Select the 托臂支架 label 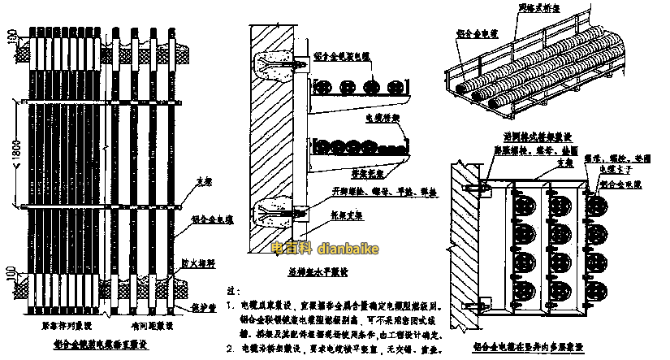pyautogui.click(x=350, y=217)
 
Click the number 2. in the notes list pyautogui.click(x=231, y=349)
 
